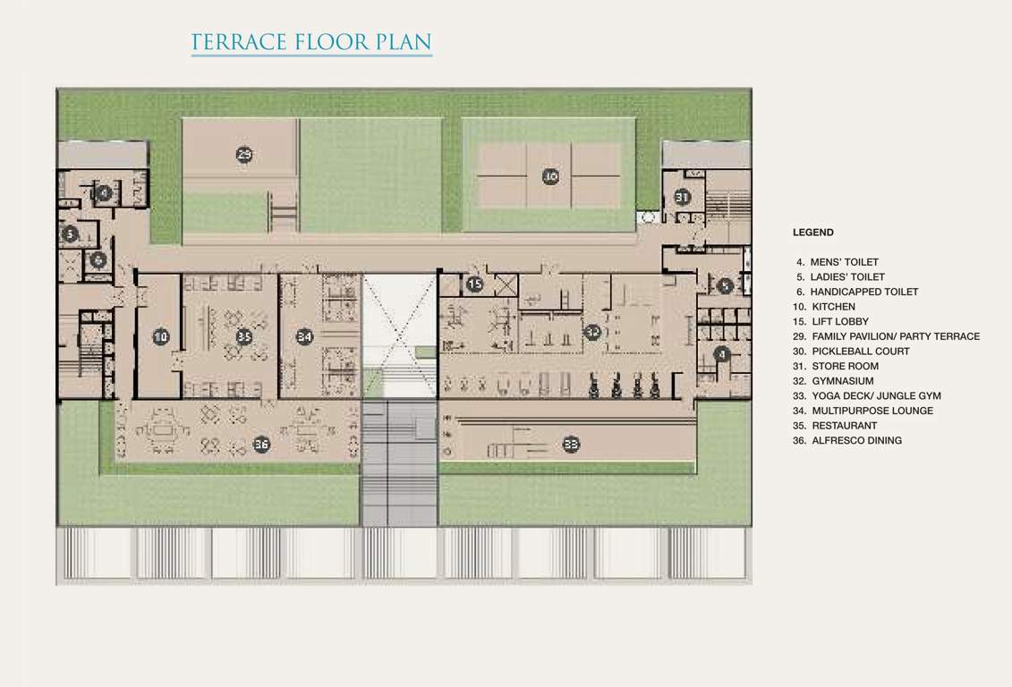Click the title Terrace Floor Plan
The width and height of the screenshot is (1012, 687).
coord(311,42)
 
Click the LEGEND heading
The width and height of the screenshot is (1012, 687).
coord(812,233)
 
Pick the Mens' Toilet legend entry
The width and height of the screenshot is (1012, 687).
coord(838,262)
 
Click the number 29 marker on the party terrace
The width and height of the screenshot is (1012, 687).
coord(244,155)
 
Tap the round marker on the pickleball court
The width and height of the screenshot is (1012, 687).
coord(550,176)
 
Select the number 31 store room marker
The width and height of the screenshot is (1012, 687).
coord(683,196)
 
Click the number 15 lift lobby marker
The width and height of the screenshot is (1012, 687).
coord(475,284)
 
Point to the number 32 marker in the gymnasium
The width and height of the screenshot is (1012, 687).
coord(592,332)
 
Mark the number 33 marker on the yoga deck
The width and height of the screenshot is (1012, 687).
coord(571,443)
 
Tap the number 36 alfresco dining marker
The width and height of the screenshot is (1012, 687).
coord(261,444)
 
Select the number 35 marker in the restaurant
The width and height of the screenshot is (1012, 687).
coord(243,336)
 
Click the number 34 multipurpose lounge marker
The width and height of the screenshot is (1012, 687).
coord(305,336)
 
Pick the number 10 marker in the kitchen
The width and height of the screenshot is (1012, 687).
coord(160,336)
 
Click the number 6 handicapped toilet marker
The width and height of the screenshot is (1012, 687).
coord(98,259)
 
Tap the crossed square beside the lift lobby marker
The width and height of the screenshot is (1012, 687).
coord(506,285)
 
